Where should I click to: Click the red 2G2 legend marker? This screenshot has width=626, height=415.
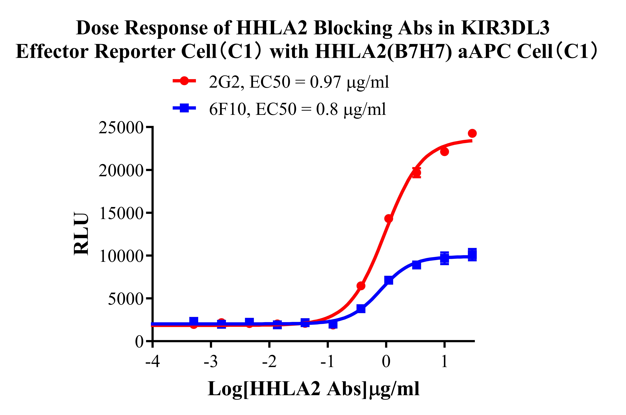184,81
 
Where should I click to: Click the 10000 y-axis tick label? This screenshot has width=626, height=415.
121,256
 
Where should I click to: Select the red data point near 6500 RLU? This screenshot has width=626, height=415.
361,286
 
